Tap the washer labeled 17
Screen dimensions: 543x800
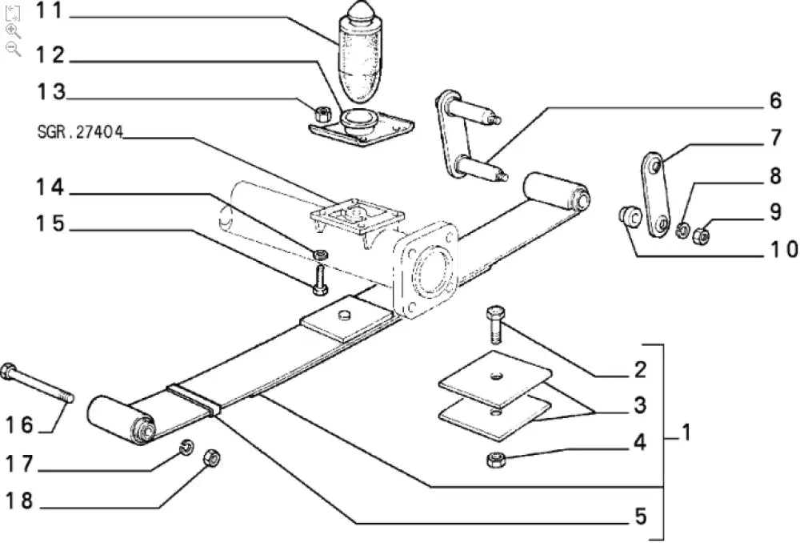coord(185,446)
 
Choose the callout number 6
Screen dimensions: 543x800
coord(774,102)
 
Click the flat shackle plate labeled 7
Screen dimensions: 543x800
coord(654,192)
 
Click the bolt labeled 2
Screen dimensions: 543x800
coord(494,324)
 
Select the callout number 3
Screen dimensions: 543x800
coord(639,406)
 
